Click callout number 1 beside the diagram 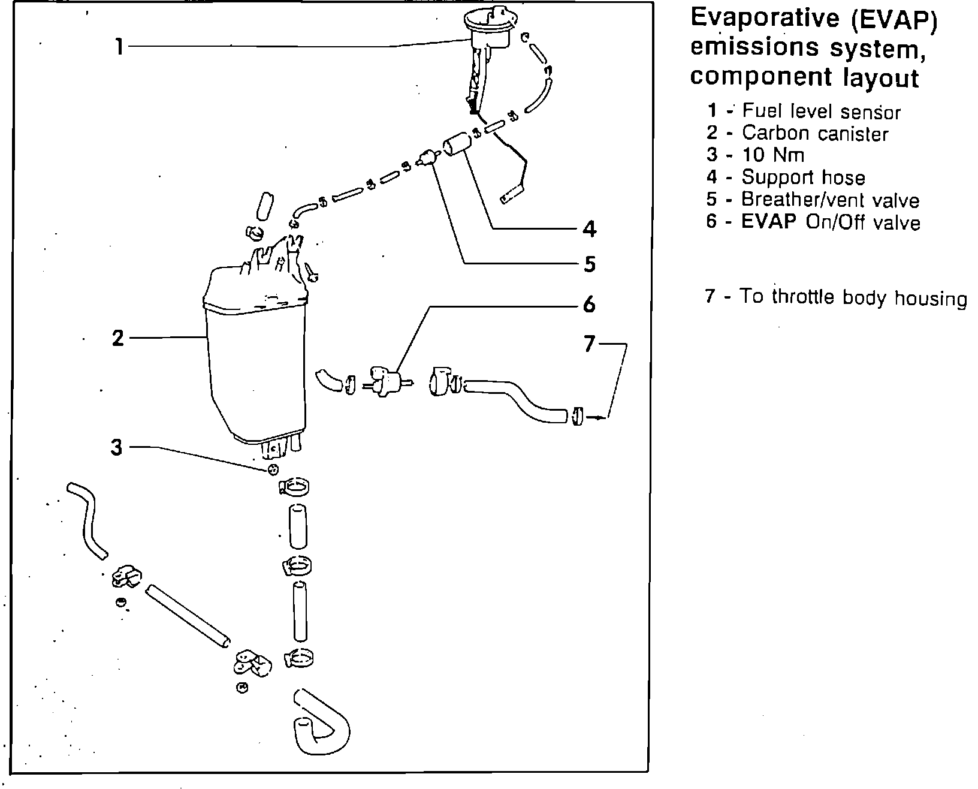(x=119, y=46)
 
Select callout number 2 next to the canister (x=117, y=338)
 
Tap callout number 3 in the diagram (x=116, y=447)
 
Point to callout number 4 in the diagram (x=590, y=228)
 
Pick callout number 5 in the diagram (x=590, y=264)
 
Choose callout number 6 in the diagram (x=590, y=305)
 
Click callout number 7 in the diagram (x=590, y=344)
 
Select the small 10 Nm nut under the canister (x=273, y=469)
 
